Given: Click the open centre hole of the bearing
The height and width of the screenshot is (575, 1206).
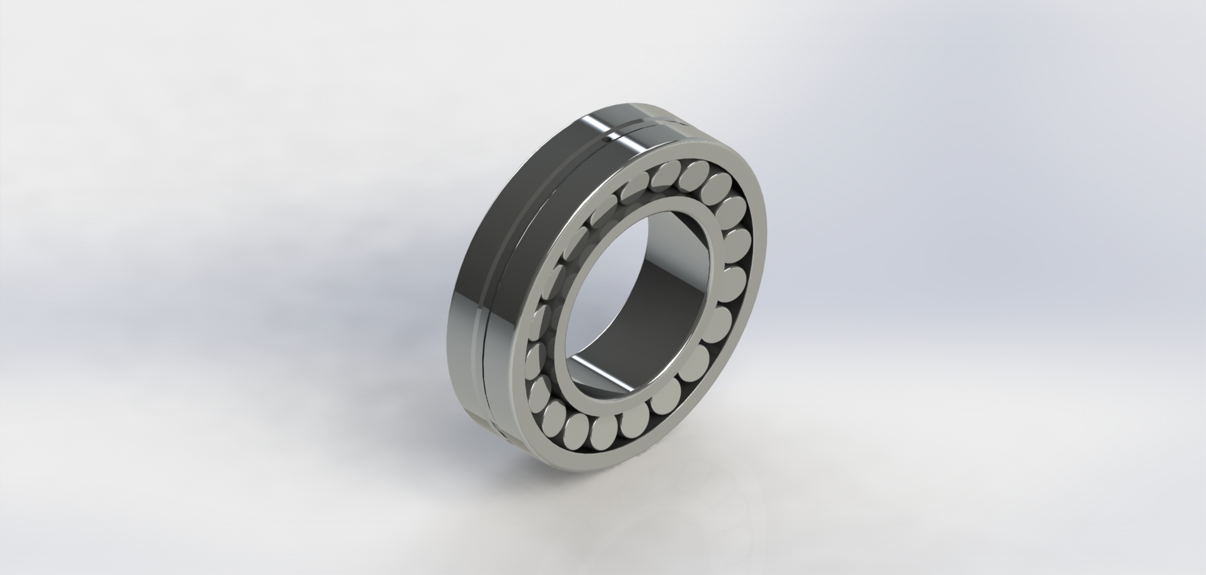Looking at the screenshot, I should coord(633,298).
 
